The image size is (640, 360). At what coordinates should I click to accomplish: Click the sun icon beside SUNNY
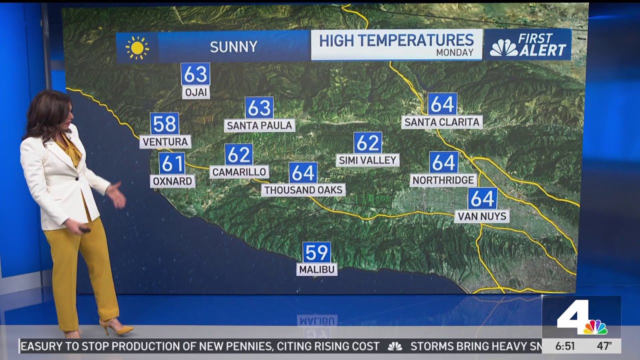[x=137, y=47]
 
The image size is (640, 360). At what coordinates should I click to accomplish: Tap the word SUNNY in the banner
[x=233, y=47]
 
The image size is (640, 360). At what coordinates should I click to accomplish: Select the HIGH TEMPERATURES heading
[x=396, y=40]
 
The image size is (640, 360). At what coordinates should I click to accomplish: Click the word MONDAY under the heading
[x=454, y=52]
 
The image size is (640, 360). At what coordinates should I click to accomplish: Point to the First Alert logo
[x=528, y=44]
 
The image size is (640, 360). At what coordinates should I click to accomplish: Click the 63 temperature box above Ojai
[x=195, y=74]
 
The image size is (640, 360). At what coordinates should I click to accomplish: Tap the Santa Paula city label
[x=259, y=125]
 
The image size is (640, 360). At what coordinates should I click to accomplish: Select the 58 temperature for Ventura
[x=164, y=123]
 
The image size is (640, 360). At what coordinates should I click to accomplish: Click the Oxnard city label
[x=172, y=181]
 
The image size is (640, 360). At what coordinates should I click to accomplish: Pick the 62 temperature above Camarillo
[x=238, y=154]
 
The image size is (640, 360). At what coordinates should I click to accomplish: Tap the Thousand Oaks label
[x=303, y=190]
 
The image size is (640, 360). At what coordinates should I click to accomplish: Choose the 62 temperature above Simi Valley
[x=367, y=143]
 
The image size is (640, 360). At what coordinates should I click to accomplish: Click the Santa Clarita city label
[x=442, y=122]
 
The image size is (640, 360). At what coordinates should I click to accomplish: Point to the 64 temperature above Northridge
[x=443, y=162]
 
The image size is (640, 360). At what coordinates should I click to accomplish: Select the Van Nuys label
[x=482, y=216]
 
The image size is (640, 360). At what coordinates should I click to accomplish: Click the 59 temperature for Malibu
[x=316, y=252]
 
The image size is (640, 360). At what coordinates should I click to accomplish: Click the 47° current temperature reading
[x=604, y=346]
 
